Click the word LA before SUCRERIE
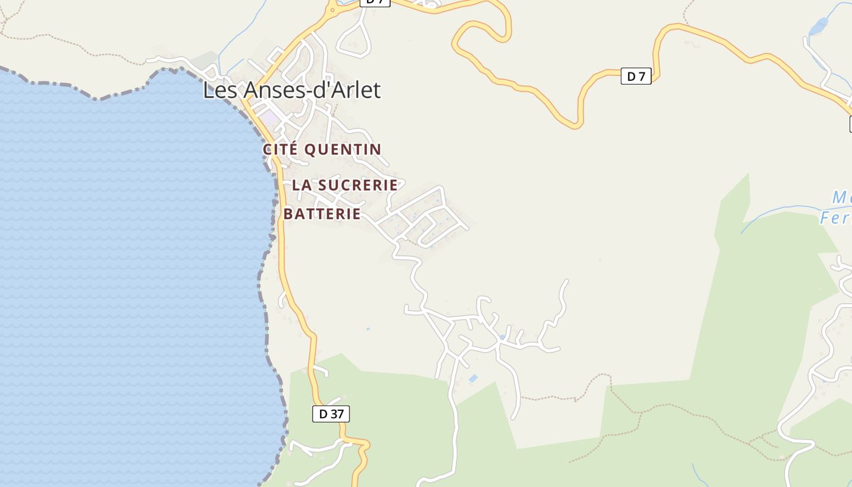click(x=302, y=185)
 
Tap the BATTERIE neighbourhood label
click(x=323, y=214)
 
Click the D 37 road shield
click(x=331, y=414)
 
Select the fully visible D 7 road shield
click(x=636, y=76)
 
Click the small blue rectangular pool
click(x=473, y=379)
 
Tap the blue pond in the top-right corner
click(x=819, y=27)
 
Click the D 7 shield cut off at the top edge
click(x=374, y=2)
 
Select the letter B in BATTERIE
click(x=288, y=214)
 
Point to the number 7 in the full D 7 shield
click(x=642, y=76)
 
